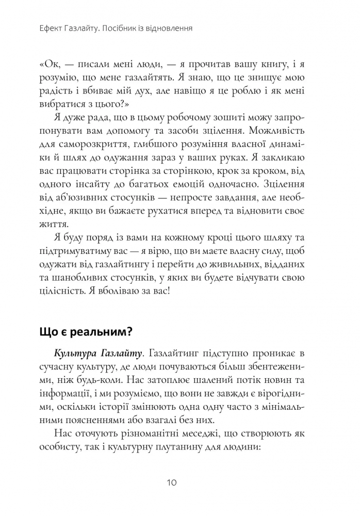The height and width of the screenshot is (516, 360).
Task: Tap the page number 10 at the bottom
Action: click(x=173, y=483)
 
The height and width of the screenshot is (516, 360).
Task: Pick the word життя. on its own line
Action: click(x=54, y=225)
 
